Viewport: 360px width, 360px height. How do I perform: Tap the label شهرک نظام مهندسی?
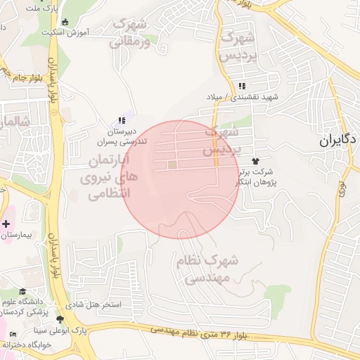click(210, 269)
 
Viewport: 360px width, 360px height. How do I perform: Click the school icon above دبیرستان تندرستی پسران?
click(122, 120)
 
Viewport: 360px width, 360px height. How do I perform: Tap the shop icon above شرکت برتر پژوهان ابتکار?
click(264, 161)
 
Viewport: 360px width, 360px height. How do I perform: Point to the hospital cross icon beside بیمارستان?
click(6, 224)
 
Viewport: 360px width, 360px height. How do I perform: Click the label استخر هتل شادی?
click(97, 305)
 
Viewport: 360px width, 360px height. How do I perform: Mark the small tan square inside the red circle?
click(172, 165)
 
